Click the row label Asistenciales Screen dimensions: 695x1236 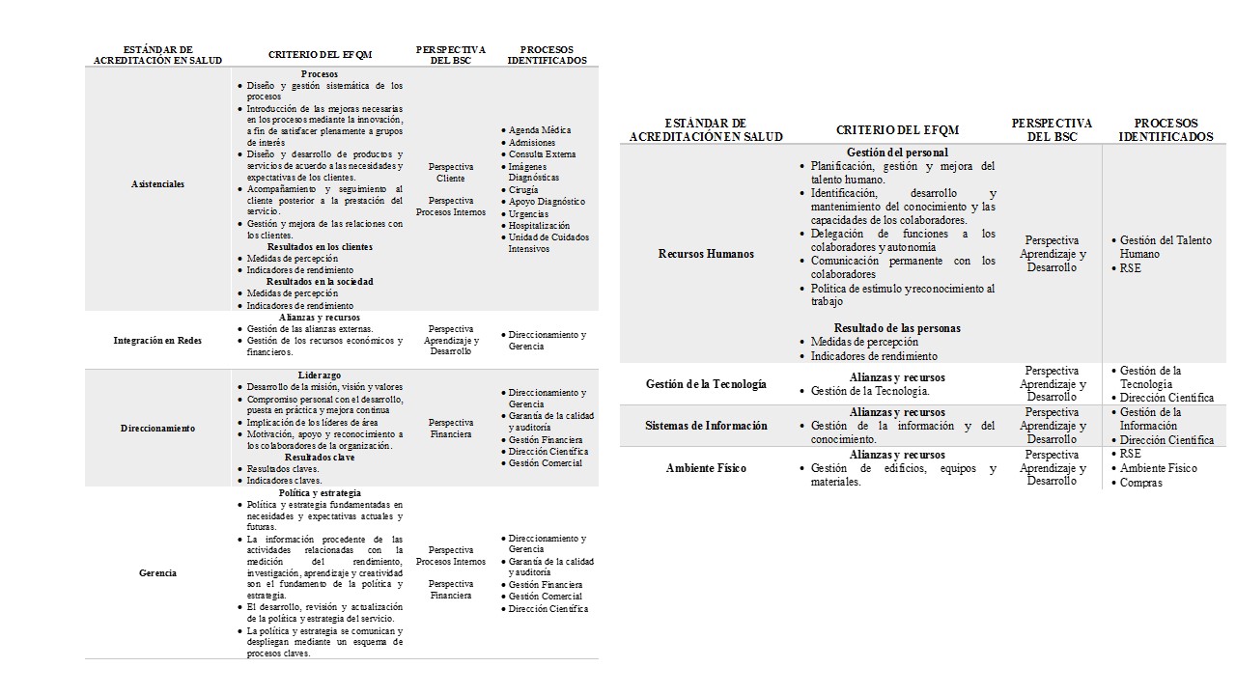157,183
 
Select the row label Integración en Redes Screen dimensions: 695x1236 157,341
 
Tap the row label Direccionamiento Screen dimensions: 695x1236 157,428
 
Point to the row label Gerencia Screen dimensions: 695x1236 157,573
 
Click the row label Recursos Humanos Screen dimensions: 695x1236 706,254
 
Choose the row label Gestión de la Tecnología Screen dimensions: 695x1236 706,384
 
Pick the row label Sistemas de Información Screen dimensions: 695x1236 706,426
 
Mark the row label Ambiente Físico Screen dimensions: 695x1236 706,468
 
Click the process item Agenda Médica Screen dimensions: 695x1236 540,130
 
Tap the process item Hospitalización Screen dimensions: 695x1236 539,226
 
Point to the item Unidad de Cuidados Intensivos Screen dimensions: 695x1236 548,242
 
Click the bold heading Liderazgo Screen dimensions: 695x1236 319,375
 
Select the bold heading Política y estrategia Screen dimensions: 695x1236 319,492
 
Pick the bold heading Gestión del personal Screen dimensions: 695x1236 897,153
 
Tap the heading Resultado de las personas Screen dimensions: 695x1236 897,328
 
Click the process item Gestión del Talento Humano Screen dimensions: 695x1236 1165,247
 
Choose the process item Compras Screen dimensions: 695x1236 1140,483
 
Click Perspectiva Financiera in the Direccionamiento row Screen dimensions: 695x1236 451,429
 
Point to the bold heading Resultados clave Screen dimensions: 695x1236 319,458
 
